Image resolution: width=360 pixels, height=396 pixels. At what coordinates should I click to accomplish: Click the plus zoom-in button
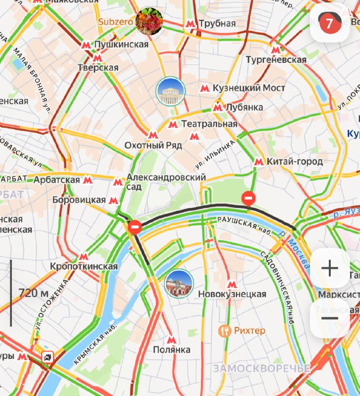tap(329, 268)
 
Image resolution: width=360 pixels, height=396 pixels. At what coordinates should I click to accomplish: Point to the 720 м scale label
tap(34, 293)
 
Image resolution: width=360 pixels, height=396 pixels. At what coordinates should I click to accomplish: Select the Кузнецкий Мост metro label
tap(249, 88)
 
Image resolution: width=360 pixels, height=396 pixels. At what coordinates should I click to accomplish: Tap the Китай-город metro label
tap(294, 161)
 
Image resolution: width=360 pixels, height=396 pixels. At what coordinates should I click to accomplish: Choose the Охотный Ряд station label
tap(153, 146)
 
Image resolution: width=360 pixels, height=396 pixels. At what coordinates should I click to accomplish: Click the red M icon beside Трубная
tap(190, 24)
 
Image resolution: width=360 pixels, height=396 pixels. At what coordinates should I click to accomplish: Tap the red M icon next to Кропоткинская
tap(83, 256)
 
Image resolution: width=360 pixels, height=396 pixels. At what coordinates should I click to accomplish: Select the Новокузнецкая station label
tap(232, 295)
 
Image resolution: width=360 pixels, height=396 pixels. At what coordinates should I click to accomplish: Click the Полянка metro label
tap(171, 350)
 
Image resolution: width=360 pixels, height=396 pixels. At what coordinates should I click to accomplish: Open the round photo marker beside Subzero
tap(149, 22)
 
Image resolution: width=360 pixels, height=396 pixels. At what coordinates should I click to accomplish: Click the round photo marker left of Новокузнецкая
tap(179, 284)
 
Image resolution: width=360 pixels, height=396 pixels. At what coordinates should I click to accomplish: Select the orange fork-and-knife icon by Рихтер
tap(225, 330)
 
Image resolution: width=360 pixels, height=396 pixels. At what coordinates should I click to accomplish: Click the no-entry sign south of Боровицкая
tap(135, 227)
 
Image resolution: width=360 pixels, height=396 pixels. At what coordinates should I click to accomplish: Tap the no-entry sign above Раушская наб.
tap(249, 198)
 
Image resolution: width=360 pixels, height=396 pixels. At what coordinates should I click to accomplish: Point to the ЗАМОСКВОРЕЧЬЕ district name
tap(261, 369)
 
